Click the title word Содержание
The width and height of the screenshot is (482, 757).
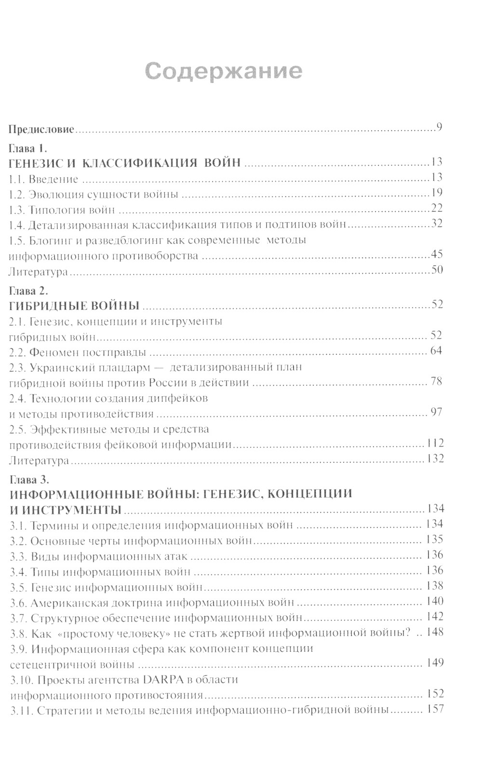click(x=224, y=71)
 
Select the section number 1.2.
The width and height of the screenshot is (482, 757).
click(x=17, y=194)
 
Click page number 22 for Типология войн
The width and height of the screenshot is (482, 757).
click(x=437, y=209)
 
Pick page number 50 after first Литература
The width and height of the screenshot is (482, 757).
click(x=437, y=270)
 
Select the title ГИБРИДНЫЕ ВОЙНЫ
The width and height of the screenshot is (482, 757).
click(x=74, y=306)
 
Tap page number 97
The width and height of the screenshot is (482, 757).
click(x=436, y=413)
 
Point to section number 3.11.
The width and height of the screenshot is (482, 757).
click(x=20, y=711)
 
